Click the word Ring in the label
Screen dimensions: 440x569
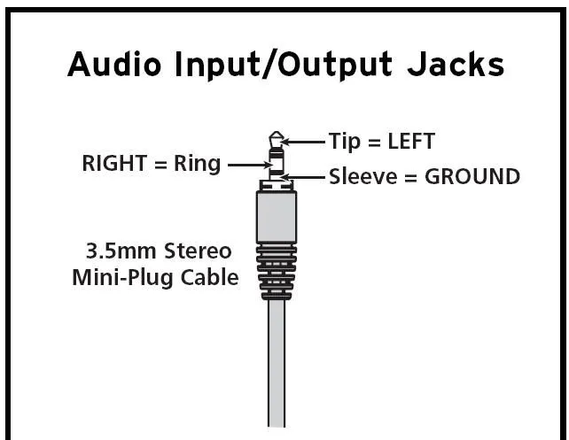196,166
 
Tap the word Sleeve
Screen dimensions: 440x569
363,176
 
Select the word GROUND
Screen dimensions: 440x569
472,176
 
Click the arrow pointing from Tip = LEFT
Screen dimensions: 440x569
307,142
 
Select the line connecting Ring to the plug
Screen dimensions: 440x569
248,166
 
